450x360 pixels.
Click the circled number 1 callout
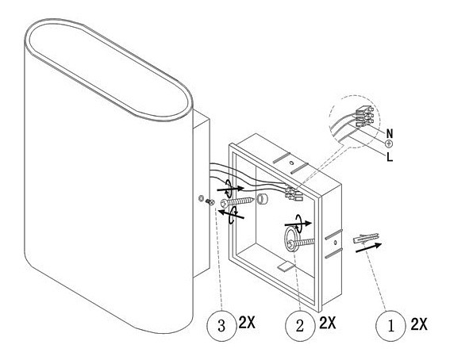coord(390,326)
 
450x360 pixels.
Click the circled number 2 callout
coord(300,326)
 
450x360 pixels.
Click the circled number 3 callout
coord(221,326)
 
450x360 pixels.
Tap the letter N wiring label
coord(390,133)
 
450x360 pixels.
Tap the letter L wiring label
coord(390,157)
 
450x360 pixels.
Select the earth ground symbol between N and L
coord(389,144)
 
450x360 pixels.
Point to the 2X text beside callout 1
coord(419,324)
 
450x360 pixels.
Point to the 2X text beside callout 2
coord(328,323)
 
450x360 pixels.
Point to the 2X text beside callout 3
coord(247,323)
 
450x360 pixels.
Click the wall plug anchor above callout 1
coord(366,238)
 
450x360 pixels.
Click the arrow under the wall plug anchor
coord(368,247)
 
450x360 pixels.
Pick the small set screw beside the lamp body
coord(210,202)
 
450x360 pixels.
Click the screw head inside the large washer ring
coord(291,244)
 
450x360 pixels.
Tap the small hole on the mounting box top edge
coord(291,163)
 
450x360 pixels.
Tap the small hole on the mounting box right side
coord(335,243)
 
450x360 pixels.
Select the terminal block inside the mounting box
coord(294,193)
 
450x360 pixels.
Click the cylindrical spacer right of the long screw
coord(262,198)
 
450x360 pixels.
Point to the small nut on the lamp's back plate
coord(201,197)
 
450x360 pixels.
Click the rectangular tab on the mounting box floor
coord(286,266)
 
